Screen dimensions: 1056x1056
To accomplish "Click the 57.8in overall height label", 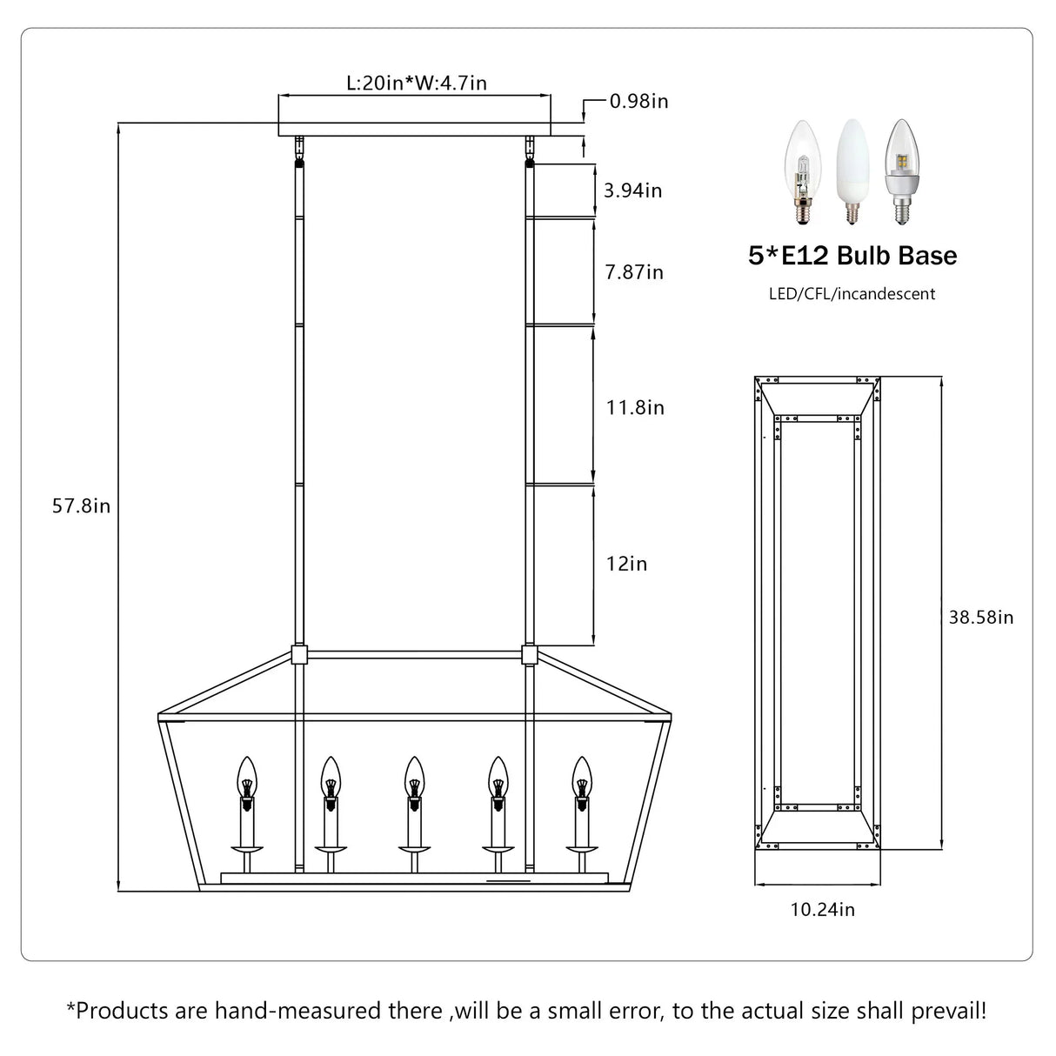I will [81, 506].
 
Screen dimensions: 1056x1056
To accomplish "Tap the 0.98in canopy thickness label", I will [638, 101].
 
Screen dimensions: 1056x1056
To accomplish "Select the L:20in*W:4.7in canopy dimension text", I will [416, 83].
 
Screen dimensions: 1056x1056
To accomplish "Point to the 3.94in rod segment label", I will [632, 190].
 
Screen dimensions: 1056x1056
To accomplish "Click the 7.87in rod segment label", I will [634, 272].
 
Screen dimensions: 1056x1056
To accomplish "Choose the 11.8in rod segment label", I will [635, 407].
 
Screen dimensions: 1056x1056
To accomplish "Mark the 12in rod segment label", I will [626, 564].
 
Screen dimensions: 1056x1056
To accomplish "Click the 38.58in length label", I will [981, 618].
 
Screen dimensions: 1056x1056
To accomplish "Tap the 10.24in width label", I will [822, 910].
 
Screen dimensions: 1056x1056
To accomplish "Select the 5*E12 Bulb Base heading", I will [852, 256].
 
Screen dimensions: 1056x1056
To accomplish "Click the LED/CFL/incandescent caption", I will [852, 294].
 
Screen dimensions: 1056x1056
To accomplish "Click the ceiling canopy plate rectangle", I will [414, 117].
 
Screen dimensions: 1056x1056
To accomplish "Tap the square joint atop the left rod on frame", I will [299, 654].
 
